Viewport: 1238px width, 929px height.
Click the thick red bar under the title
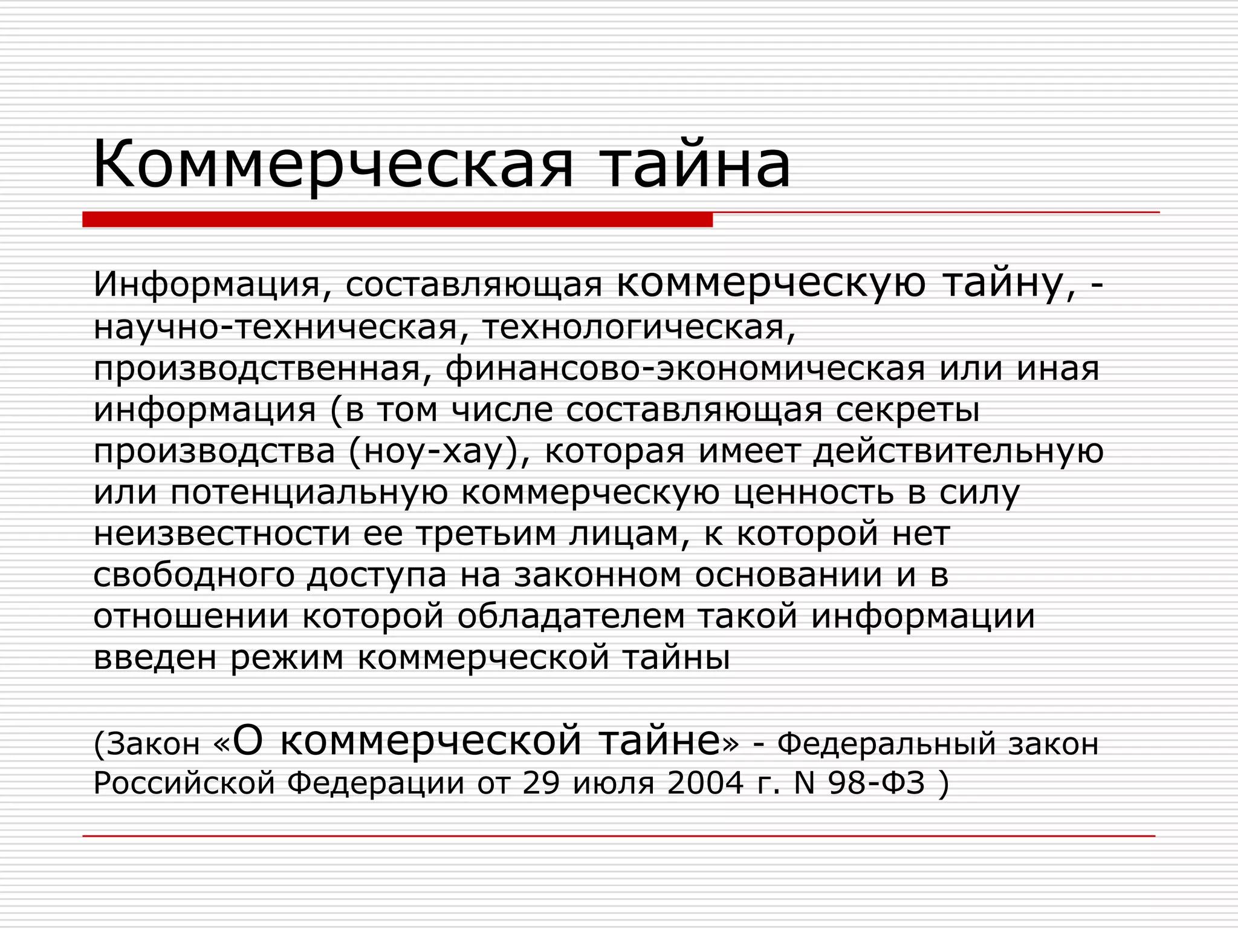coord(397,219)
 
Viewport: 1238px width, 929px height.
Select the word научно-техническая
coord(276,328)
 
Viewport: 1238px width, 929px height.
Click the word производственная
coord(257,370)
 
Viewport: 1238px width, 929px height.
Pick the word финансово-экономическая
coord(685,370)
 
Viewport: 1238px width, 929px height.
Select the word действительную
coord(958,452)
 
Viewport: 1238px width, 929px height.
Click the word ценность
coord(814,493)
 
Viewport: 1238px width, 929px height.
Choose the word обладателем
coord(571,617)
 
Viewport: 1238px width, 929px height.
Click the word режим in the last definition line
coord(287,658)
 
